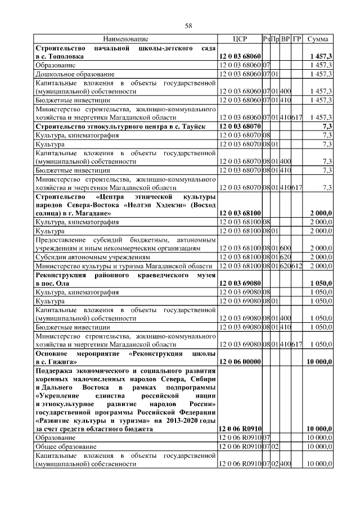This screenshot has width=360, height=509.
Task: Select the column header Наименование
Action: [126, 39]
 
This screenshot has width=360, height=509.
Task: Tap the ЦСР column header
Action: [240, 39]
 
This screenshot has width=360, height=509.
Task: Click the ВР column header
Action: [286, 39]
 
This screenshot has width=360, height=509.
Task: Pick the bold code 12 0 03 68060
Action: [240, 57]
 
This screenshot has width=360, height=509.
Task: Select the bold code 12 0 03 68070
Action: [240, 127]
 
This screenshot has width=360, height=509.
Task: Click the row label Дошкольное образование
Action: [75, 74]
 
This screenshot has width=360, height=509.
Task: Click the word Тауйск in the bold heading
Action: [200, 127]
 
